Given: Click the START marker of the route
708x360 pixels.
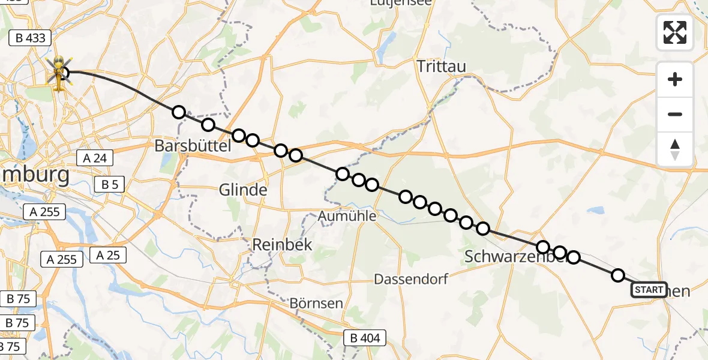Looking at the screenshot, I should click(649, 290).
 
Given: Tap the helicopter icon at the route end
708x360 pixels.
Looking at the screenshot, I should click(59, 74).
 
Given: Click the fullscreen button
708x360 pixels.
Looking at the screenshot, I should click(675, 32).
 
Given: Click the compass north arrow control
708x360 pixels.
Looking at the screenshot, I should click(675, 149).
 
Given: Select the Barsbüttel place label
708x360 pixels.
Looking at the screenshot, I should click(193, 145).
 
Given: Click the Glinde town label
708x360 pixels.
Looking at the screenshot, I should click(242, 190).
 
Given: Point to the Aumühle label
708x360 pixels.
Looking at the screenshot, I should click(348, 216).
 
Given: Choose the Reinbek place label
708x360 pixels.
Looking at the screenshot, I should click(274, 245).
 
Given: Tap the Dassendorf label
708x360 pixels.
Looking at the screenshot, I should click(410, 279).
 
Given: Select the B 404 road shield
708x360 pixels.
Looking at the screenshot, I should click(363, 338).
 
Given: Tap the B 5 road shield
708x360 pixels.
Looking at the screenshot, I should click(109, 185).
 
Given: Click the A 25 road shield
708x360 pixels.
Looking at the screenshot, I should click(108, 255).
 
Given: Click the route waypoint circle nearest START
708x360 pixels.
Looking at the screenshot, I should click(617, 275).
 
